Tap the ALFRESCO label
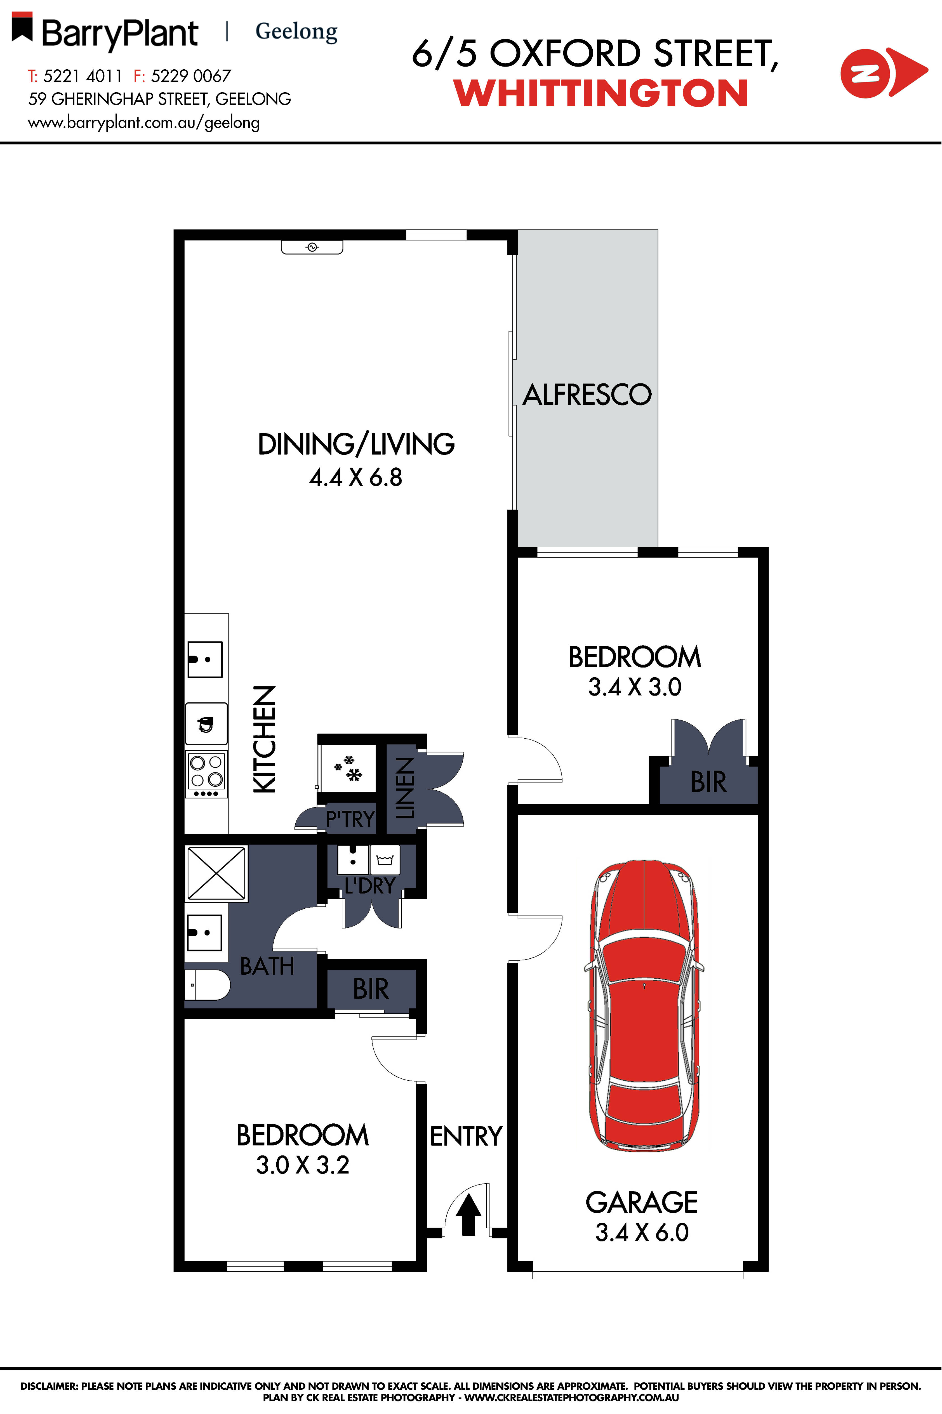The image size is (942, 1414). click(x=587, y=395)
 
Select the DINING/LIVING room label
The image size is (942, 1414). click(x=356, y=444)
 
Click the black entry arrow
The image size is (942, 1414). click(x=468, y=1213)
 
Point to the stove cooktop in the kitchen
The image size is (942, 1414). click(x=206, y=775)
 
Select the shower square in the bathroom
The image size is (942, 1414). click(x=216, y=873)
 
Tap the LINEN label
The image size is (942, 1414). click(x=405, y=788)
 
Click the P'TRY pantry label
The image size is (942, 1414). click(x=350, y=818)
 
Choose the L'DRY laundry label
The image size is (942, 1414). click(x=369, y=885)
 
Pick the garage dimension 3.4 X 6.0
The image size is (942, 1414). click(x=642, y=1232)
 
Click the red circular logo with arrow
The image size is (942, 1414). click(x=883, y=73)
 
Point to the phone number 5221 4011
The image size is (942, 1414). click(x=83, y=76)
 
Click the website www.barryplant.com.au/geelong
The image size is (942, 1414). click(x=144, y=122)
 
